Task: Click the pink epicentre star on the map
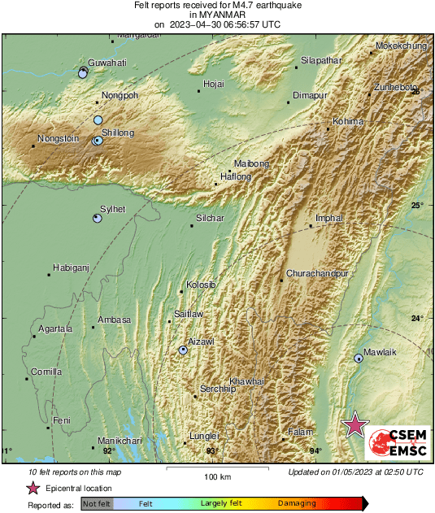[354, 425]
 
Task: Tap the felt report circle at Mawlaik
[359, 358]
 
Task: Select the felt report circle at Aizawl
[183, 350]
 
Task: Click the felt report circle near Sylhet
[97, 219]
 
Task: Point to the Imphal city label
[329, 219]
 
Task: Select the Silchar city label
[210, 218]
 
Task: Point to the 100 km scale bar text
[218, 477]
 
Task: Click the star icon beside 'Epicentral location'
[33, 489]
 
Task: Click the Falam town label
[300, 432]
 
